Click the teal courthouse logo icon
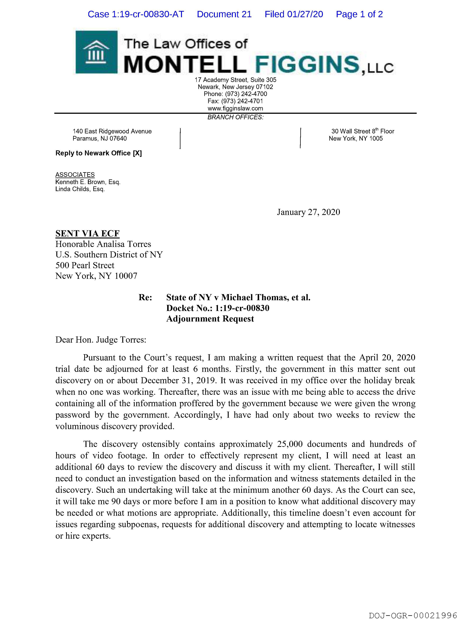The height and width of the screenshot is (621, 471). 96,52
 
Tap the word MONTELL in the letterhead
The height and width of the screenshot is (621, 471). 185,64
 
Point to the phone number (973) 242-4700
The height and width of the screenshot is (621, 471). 246,94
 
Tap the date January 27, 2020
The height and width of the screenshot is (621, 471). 308,212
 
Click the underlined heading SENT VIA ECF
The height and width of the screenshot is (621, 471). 88,233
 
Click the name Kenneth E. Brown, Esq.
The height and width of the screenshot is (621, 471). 88,182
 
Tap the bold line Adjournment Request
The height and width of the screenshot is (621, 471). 210,319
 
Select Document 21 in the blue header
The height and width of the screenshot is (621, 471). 224,14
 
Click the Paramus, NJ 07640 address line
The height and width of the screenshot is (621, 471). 100,138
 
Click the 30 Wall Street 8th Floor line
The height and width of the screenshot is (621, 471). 363,131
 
